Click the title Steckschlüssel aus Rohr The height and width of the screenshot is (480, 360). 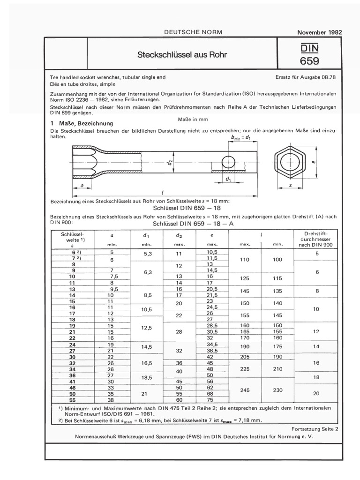(182, 55)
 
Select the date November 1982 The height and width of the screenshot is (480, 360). (320, 32)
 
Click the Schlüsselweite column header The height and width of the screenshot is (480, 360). (72, 238)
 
